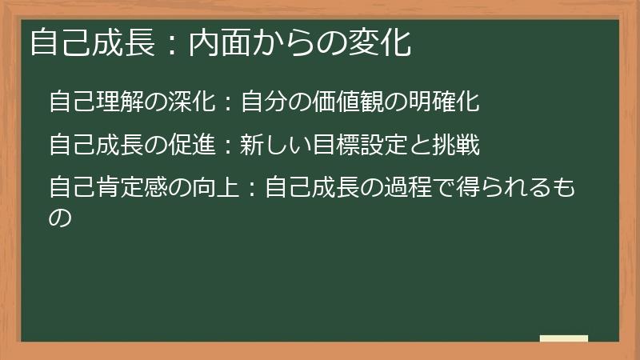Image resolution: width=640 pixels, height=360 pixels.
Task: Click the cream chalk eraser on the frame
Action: coord(563,338)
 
